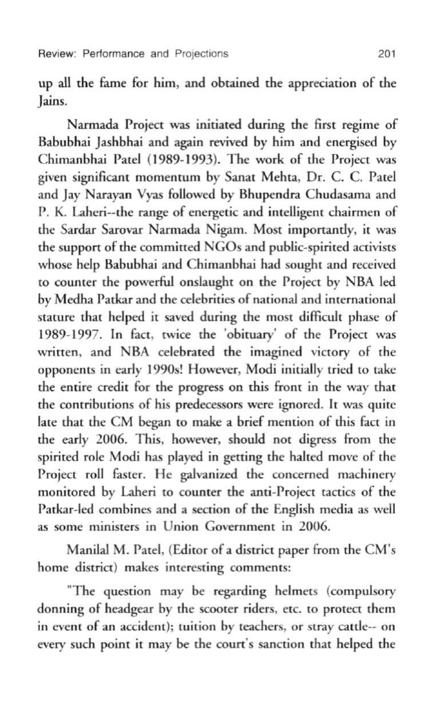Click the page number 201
pos(387,54)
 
